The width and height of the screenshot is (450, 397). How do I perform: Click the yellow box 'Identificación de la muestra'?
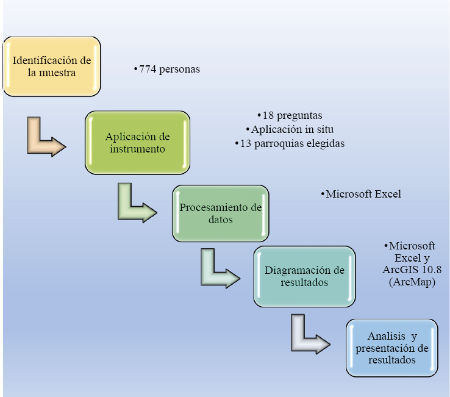click(51, 66)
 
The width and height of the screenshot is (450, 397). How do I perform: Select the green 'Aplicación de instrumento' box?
click(137, 142)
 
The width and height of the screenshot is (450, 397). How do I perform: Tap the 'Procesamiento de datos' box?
click(220, 213)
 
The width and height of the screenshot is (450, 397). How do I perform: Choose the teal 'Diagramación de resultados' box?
click(304, 276)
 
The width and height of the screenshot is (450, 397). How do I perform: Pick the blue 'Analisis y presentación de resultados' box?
click(392, 348)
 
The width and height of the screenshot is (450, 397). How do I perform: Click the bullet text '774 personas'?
click(167, 70)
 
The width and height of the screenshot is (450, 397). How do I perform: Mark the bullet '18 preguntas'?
click(290, 115)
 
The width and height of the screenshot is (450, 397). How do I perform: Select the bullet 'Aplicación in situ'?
click(290, 129)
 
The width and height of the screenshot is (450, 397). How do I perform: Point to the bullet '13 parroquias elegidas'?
click(290, 144)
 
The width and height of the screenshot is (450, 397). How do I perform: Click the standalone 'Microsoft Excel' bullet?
click(361, 195)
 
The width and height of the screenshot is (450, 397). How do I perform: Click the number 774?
click(148, 70)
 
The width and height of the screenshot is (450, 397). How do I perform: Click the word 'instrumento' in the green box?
click(137, 149)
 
